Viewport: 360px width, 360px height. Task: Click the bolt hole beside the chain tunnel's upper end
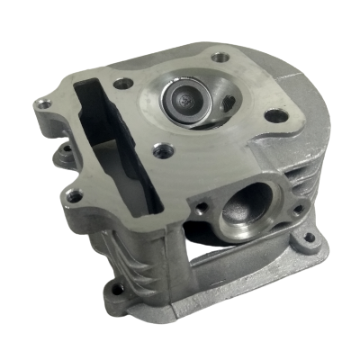pyautogui.click(x=124, y=84)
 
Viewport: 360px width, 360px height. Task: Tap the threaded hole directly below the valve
pyautogui.click(x=162, y=150)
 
